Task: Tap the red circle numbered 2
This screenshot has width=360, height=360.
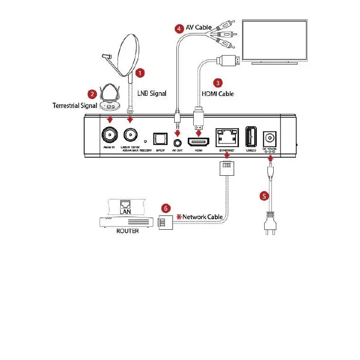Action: tap(92, 94)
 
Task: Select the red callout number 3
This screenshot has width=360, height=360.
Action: tap(217, 83)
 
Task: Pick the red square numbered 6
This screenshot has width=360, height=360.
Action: tap(166, 209)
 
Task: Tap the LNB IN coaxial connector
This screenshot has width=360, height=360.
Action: tap(130, 134)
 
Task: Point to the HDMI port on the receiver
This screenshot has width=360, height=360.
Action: tap(199, 141)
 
